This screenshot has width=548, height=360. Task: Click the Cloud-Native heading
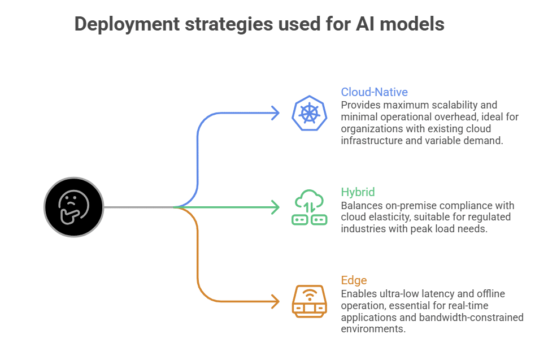click(374, 92)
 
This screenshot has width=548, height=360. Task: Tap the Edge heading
click(354, 280)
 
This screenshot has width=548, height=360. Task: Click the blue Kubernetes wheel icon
click(309, 113)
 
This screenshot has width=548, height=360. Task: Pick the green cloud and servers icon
click(309, 207)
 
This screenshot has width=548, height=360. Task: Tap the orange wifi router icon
click(309, 301)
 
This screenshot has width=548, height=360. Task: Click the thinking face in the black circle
click(73, 207)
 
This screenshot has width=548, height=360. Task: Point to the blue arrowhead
click(275, 113)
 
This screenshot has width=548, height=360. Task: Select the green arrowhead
click(275, 207)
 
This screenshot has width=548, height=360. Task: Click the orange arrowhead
click(275, 301)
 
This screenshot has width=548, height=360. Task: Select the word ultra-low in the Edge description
click(398, 294)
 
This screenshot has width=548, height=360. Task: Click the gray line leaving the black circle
click(138, 207)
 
